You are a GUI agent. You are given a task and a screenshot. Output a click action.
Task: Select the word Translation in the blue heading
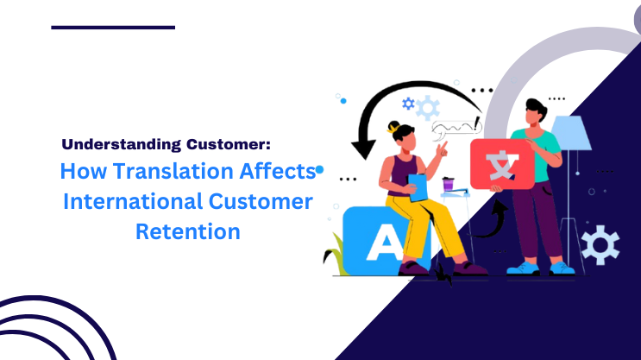[x=154, y=172]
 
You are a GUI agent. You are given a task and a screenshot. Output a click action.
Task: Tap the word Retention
[x=187, y=231]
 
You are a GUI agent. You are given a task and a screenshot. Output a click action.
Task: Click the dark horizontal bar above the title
[x=113, y=28]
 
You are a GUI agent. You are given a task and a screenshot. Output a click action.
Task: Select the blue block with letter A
[x=379, y=243]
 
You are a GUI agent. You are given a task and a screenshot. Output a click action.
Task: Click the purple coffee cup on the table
[x=448, y=184]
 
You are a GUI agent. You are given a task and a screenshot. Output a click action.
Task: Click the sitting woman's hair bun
[x=394, y=127]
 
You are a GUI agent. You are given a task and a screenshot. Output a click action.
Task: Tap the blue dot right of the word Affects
[x=319, y=171]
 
